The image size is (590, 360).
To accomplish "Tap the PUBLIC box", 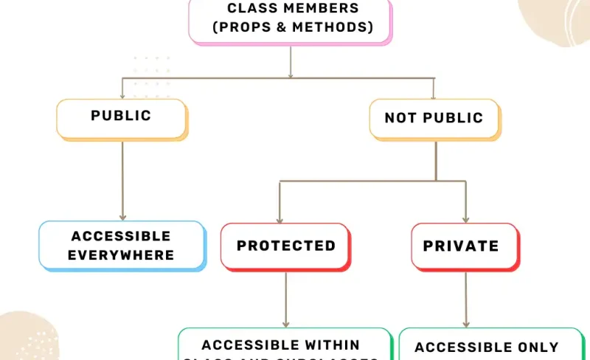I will pyautogui.click(x=121, y=117).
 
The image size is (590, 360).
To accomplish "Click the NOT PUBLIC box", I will pyautogui.click(x=434, y=118).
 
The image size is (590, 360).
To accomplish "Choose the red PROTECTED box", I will pyautogui.click(x=285, y=246).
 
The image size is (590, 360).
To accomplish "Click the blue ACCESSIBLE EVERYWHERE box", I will pyautogui.click(x=121, y=246).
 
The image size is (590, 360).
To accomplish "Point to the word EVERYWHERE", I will pyautogui.click(x=121, y=255).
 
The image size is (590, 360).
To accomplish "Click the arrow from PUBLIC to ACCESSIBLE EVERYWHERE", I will pyautogui.click(x=122, y=181).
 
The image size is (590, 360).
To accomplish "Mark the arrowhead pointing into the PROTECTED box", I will pyautogui.click(x=279, y=218).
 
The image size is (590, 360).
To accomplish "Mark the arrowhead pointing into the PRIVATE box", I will pyautogui.click(x=465, y=218).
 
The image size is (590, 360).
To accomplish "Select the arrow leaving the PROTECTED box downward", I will pyautogui.click(x=285, y=299).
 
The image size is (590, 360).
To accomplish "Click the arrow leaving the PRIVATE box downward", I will pyautogui.click(x=465, y=299).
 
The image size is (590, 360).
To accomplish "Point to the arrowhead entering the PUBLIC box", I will pyautogui.click(x=122, y=95).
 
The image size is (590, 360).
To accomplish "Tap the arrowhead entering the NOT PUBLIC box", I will pyautogui.click(x=433, y=96).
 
